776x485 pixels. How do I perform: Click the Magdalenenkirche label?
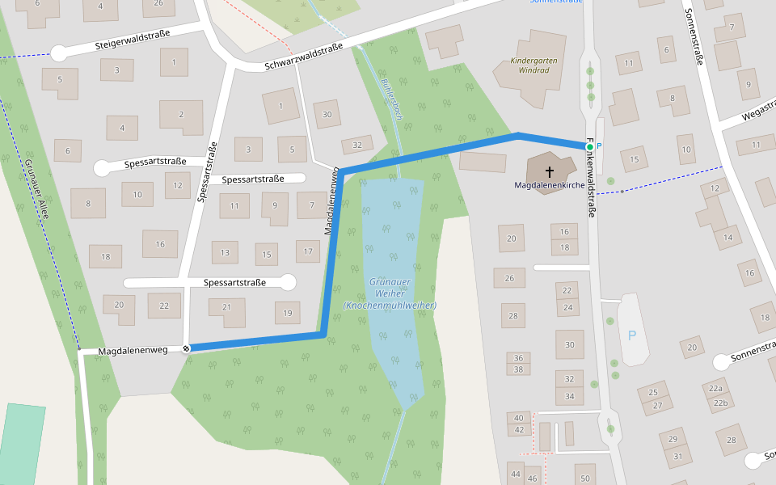(x=549, y=185)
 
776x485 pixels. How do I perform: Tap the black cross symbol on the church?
(x=550, y=171)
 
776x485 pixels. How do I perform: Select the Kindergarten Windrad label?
(x=529, y=65)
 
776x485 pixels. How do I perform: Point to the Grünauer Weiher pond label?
(x=390, y=293)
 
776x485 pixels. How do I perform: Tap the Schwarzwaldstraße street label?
(x=303, y=56)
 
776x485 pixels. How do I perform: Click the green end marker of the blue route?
(x=589, y=146)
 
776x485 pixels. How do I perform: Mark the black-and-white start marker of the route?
(x=187, y=348)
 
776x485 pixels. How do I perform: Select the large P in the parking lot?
(x=632, y=335)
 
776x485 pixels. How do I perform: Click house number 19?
(x=287, y=314)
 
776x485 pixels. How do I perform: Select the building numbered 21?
(x=227, y=307)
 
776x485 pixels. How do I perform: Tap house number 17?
(x=307, y=252)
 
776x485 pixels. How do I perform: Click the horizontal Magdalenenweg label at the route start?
(x=133, y=352)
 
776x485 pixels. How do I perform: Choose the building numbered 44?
(x=516, y=473)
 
